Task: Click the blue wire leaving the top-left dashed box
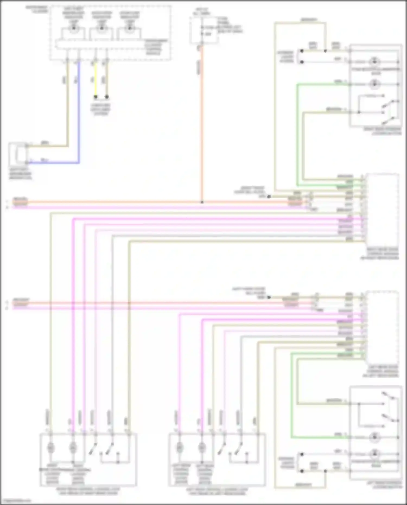point(79,109)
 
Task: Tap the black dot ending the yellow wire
point(95,97)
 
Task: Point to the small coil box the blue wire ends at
point(18,154)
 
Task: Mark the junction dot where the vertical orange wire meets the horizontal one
point(202,202)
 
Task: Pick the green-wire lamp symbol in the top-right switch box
point(374,84)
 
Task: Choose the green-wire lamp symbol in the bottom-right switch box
point(374,437)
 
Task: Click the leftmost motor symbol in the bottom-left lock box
point(50,447)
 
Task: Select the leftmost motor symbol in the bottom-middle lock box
point(179,447)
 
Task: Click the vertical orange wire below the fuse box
point(202,122)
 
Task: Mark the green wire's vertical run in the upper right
point(297,136)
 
